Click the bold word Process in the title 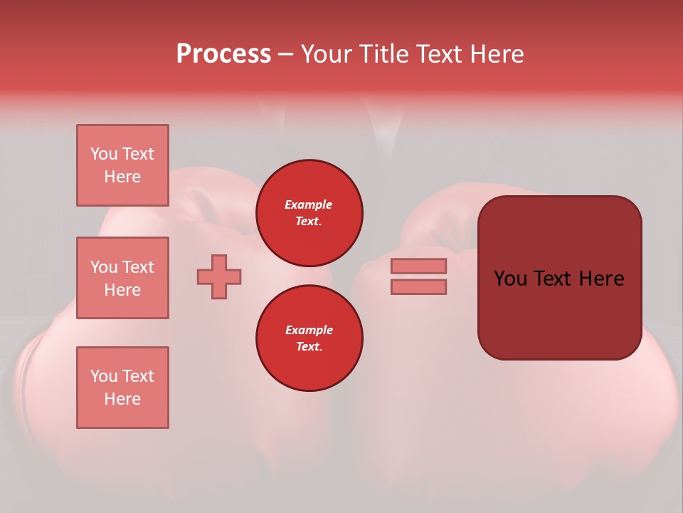point(223,54)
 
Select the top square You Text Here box point(122,165)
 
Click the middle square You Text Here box point(122,278)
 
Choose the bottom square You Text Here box point(122,388)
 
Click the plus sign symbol point(219,276)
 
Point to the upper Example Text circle point(309,213)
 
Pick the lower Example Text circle point(309,338)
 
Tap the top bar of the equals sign point(418,266)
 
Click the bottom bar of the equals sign point(418,286)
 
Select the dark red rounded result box point(559,278)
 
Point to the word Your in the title point(329,54)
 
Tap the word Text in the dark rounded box point(558,279)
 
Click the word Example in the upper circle point(309,204)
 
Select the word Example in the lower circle point(309,330)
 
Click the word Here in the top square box point(122,177)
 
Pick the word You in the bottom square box point(104,376)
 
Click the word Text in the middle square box point(137,267)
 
